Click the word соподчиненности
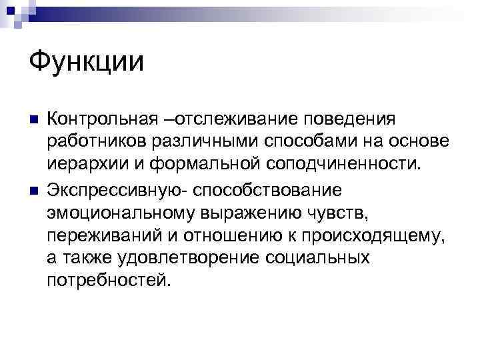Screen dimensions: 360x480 pos(340,166)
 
